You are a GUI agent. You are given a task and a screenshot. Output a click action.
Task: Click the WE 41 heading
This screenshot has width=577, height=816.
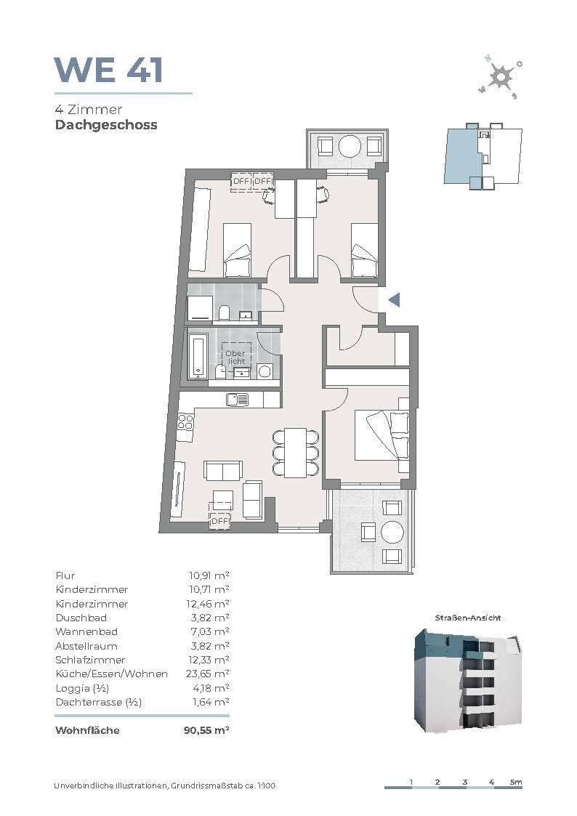(x=109, y=70)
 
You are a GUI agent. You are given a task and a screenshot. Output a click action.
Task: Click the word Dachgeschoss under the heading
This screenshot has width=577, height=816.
(x=106, y=125)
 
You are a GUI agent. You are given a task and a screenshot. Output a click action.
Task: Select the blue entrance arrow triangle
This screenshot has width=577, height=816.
(x=395, y=300)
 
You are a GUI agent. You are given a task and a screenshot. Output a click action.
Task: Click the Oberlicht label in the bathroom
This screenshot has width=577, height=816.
(x=235, y=357)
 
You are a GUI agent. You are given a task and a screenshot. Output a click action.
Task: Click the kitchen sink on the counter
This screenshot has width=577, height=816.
(x=237, y=399)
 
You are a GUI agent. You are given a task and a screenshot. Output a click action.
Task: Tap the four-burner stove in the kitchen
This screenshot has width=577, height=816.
(x=186, y=421)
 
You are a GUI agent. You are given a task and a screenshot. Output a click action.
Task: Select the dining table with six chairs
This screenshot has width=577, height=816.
(x=295, y=452)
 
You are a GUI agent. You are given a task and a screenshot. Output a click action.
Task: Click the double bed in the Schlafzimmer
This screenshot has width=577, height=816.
(x=382, y=435)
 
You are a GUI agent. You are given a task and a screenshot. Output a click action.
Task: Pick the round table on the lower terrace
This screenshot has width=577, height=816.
(x=392, y=533)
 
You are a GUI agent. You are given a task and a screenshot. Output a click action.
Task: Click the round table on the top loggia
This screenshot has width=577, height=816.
(x=349, y=146)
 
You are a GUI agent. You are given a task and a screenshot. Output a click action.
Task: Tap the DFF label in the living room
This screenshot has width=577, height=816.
(x=220, y=520)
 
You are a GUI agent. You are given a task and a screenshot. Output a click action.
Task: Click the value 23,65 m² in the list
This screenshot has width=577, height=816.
(x=208, y=674)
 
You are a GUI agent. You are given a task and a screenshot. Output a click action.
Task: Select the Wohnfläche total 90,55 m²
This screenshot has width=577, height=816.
(x=206, y=730)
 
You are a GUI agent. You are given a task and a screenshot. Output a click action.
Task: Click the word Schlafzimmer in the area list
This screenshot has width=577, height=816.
(x=90, y=660)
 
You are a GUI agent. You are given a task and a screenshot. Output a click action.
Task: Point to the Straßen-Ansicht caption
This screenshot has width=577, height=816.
(x=467, y=618)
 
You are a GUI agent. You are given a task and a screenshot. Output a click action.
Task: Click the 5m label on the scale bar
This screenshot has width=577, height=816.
(x=516, y=782)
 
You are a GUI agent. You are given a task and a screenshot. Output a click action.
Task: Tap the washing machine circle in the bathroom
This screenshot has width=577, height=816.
(x=265, y=371)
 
